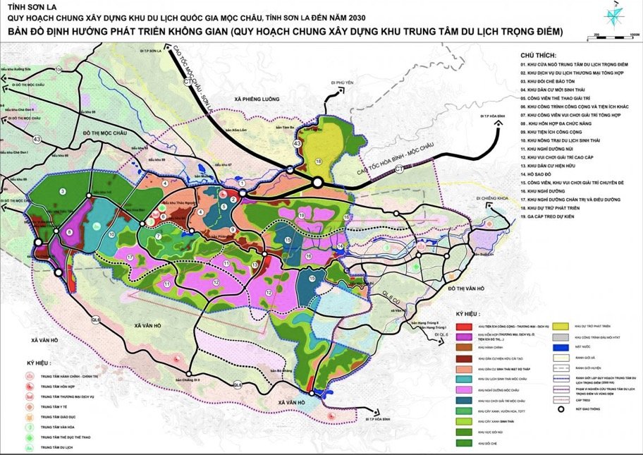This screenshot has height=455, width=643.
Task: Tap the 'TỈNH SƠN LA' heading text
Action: point(27,7)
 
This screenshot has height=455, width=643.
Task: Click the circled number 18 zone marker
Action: point(318,162)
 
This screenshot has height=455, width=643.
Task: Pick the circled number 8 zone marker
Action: point(69,231)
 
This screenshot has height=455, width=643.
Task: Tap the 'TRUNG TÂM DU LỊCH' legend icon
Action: point(30,447)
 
